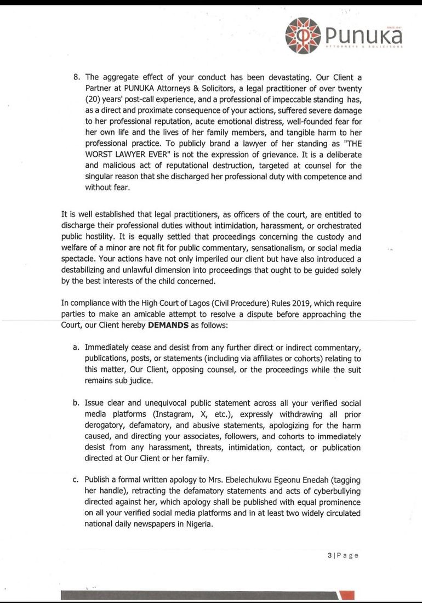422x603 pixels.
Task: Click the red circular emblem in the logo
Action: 303,36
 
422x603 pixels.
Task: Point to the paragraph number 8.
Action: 77,77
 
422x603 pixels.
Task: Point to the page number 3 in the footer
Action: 330,555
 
